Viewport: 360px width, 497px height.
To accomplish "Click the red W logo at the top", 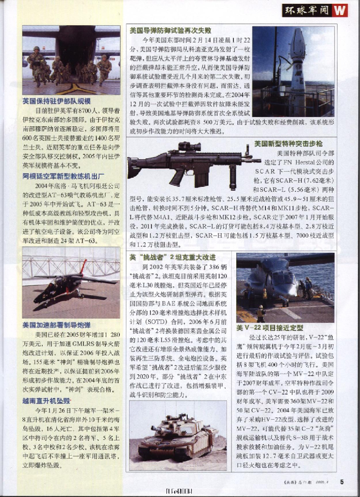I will [x=341, y=10].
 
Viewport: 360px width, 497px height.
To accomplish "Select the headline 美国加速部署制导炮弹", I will [x=56, y=325].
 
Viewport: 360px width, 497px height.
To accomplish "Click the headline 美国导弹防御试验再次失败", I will [x=170, y=30].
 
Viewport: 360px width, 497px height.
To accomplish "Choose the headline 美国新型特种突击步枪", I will [x=288, y=144].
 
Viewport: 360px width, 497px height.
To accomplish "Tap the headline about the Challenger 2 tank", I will [x=172, y=257].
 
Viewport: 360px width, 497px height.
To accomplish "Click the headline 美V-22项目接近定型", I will [x=270, y=328].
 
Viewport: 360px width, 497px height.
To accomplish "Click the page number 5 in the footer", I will [x=342, y=482].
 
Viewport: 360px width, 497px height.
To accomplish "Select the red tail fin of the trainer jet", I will [x=83, y=266].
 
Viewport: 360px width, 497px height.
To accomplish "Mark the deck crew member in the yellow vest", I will [x=261, y=314].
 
